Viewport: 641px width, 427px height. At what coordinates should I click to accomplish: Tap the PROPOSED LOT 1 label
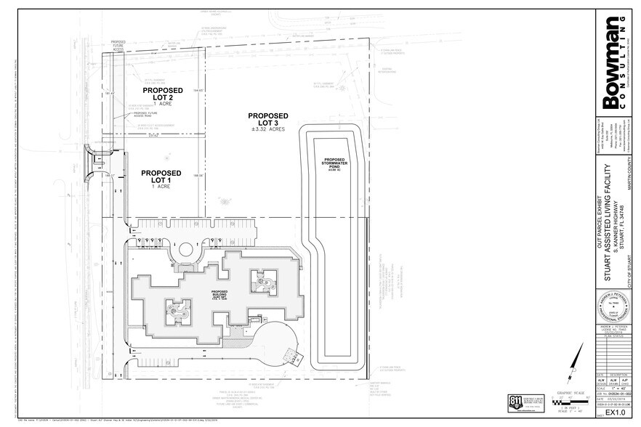(154, 174)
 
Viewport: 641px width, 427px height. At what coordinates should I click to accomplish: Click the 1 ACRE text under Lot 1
(154, 187)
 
